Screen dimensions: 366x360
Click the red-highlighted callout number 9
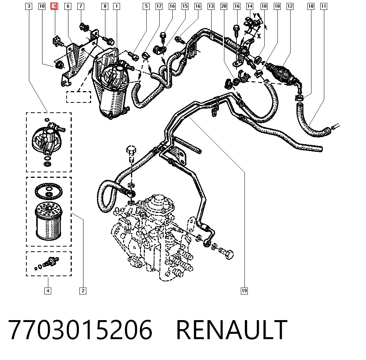[x=54, y=6]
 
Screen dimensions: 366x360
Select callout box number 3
[x=29, y=6]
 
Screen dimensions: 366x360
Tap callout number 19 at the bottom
[x=244, y=291]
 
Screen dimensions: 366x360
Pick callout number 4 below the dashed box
[x=48, y=291]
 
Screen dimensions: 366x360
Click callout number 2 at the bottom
[x=83, y=291]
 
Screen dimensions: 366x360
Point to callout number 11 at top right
[x=324, y=6]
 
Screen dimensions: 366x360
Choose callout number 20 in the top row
[x=224, y=6]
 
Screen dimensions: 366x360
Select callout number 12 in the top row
[x=290, y=6]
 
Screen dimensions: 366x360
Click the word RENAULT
[x=232, y=329]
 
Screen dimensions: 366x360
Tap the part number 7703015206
[x=80, y=329]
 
